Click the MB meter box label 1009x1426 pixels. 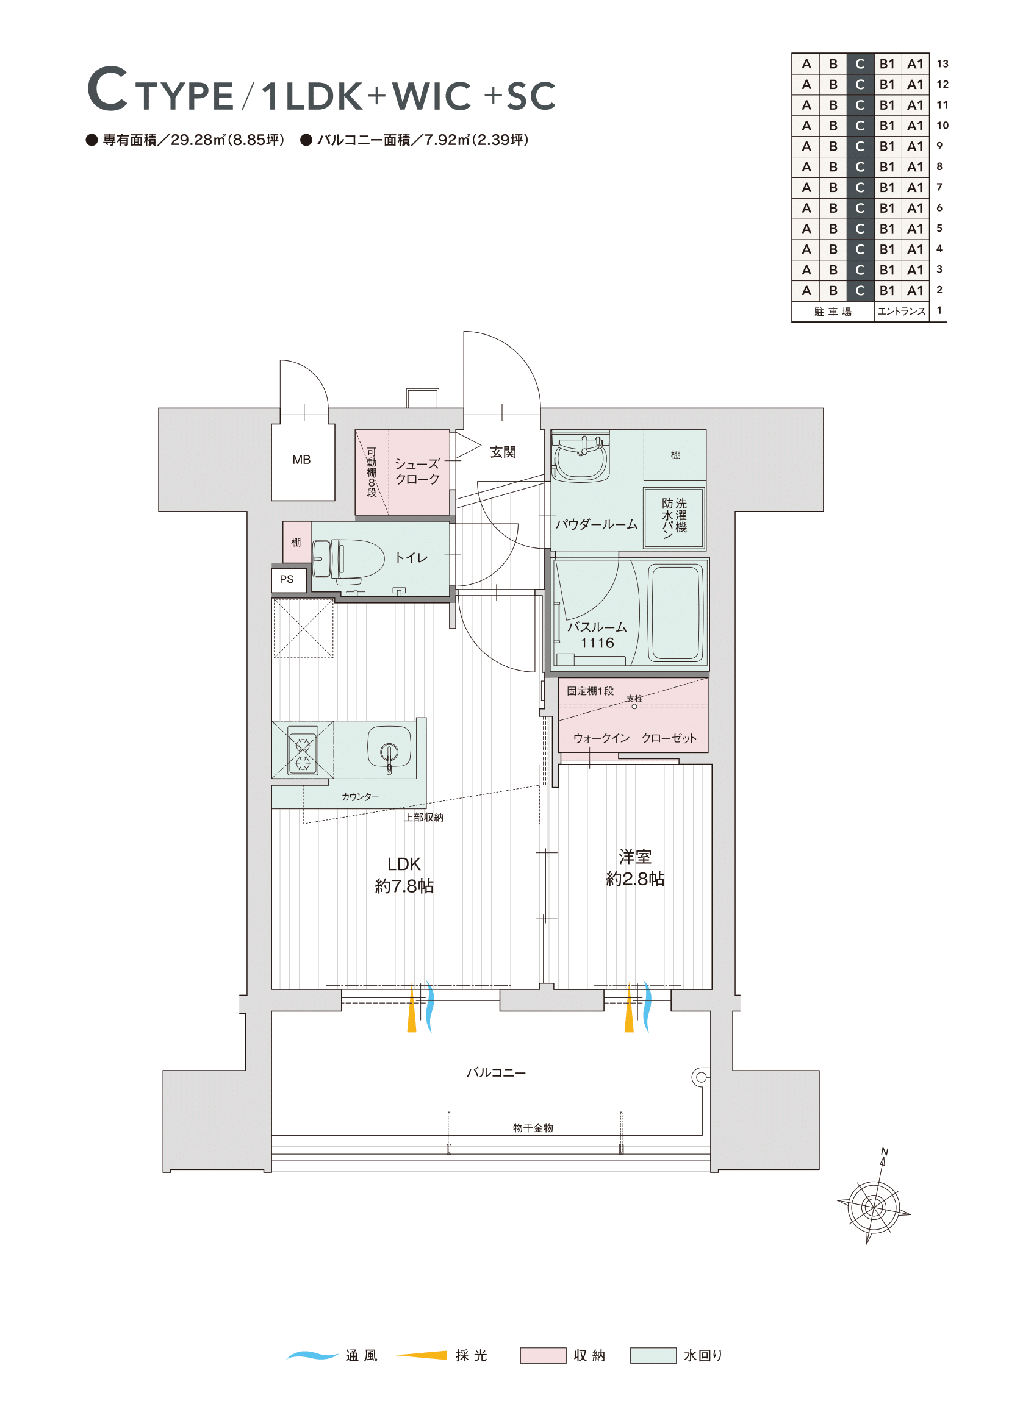tap(301, 460)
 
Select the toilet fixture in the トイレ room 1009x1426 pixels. tap(348, 561)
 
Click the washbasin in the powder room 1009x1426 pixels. tap(580, 459)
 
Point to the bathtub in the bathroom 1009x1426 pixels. tap(676, 612)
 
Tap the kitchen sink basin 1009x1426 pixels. tap(389, 748)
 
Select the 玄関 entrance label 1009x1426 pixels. tap(503, 452)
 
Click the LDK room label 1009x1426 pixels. tap(404, 864)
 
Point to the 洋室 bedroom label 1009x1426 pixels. tap(635, 857)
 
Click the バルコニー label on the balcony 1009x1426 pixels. tap(496, 1072)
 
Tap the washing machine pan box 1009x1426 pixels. tap(674, 518)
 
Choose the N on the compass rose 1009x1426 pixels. tap(884, 1152)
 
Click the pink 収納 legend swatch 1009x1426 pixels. tap(543, 1355)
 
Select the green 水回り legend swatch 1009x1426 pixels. tap(653, 1355)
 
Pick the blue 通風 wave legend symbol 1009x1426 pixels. tap(312, 1355)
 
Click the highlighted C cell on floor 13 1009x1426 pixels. tap(860, 63)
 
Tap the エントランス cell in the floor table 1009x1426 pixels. tap(901, 311)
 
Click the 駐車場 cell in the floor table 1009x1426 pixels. tap(833, 311)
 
